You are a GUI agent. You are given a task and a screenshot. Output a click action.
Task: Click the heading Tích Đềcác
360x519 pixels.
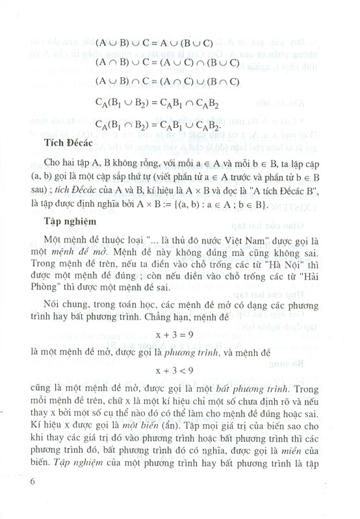point(68,143)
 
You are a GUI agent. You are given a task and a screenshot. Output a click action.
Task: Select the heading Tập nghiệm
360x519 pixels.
point(70,221)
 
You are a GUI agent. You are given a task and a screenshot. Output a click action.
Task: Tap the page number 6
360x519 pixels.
point(33,482)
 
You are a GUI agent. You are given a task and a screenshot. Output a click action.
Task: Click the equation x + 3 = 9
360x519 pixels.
point(175,335)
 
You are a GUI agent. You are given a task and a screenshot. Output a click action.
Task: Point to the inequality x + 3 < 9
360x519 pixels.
point(175,370)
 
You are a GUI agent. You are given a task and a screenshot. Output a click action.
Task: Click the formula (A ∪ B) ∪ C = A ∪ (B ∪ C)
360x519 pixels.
point(154,43)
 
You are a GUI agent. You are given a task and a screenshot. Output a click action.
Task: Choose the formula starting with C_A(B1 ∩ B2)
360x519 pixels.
point(157,125)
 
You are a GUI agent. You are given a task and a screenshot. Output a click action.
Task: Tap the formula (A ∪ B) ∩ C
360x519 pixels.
point(167,81)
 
